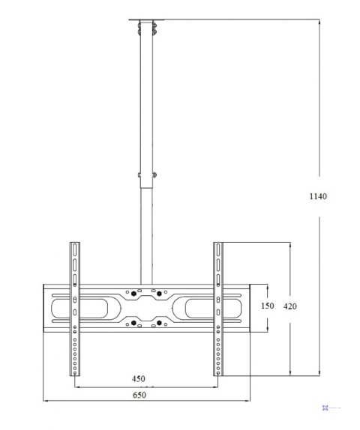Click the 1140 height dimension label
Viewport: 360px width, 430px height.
click(x=318, y=196)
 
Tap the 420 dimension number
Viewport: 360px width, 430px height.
click(x=290, y=306)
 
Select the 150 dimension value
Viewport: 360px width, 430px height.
click(x=267, y=306)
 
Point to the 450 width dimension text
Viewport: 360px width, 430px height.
click(x=139, y=379)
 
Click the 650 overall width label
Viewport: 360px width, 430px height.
click(x=139, y=396)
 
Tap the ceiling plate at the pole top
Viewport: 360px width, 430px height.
click(x=146, y=19)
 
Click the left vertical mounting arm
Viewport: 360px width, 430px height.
click(x=75, y=309)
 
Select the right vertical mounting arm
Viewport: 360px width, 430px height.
click(x=218, y=309)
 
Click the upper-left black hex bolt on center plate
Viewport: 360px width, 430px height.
click(x=133, y=294)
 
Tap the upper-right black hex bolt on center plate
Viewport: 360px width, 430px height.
click(x=159, y=294)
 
